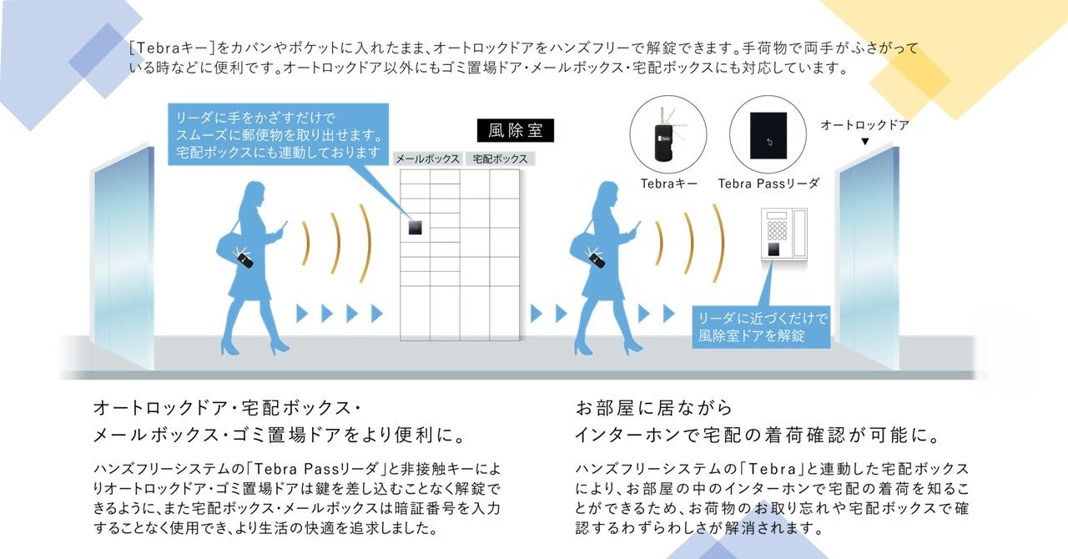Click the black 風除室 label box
(x=515, y=131)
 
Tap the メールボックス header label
(x=427, y=159)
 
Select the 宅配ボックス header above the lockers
(x=499, y=159)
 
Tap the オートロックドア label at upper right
(x=864, y=125)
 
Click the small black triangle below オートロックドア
(x=865, y=142)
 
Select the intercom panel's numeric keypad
(x=777, y=226)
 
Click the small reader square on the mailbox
(x=415, y=226)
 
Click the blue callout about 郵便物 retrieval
(x=279, y=134)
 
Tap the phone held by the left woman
(x=283, y=226)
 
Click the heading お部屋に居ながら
(x=654, y=408)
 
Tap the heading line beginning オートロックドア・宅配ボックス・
(x=227, y=409)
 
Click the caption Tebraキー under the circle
(x=669, y=184)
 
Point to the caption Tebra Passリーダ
(x=768, y=184)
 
